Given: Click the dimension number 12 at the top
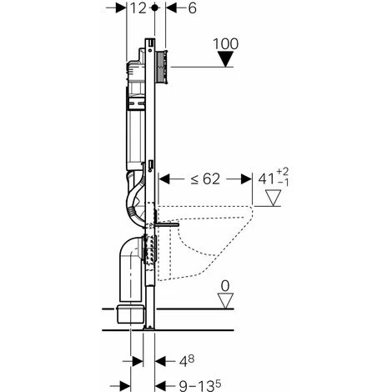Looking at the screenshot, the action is pyautogui.click(x=138, y=8).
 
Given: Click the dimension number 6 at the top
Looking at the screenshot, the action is pyautogui.click(x=192, y=8).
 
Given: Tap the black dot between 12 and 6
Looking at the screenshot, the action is pyautogui.click(x=155, y=8).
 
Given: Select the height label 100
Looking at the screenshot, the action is pyautogui.click(x=225, y=43).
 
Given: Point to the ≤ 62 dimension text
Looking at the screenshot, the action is pyautogui.click(x=205, y=179).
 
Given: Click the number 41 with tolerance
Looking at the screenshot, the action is pyautogui.click(x=267, y=178).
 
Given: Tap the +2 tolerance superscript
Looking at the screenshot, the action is pyautogui.click(x=283, y=171).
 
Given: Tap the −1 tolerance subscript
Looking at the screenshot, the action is pyautogui.click(x=283, y=183).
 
